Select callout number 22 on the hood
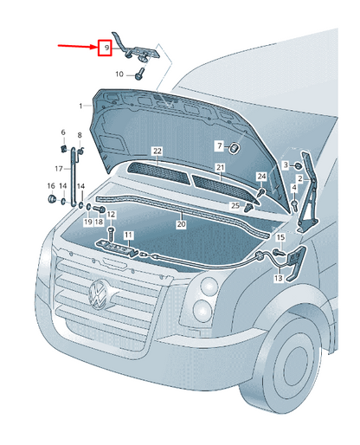(x=157, y=152)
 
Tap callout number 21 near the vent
(x=221, y=166)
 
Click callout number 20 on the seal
(x=181, y=223)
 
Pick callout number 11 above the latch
(x=127, y=235)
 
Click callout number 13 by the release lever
(x=278, y=279)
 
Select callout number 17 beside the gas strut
(x=58, y=169)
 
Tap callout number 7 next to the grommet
(x=219, y=145)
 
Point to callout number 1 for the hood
(x=80, y=106)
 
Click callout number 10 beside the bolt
(x=119, y=74)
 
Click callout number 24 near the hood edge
(x=260, y=177)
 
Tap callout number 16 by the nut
(x=50, y=186)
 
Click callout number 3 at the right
(x=285, y=164)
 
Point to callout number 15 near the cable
(x=280, y=236)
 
